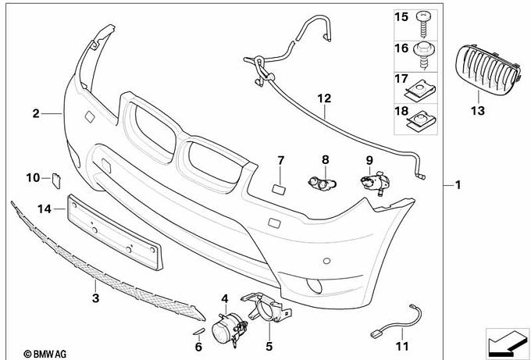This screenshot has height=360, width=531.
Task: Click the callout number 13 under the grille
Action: (478, 111)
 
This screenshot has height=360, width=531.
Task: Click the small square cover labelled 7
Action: (279, 188)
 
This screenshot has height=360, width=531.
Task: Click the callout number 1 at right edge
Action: (458, 185)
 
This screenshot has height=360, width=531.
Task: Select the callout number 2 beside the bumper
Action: (36, 114)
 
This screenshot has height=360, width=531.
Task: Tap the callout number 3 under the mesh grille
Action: (95, 298)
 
